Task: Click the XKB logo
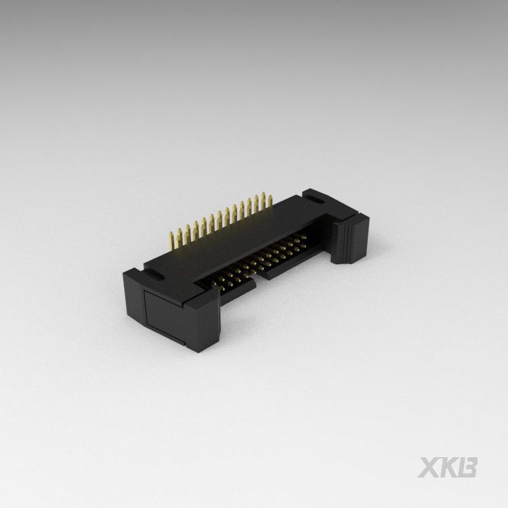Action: pos(448,467)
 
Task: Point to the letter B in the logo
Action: pos(467,467)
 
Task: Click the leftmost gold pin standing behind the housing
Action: pos(171,238)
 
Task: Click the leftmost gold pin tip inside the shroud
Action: pos(219,284)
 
